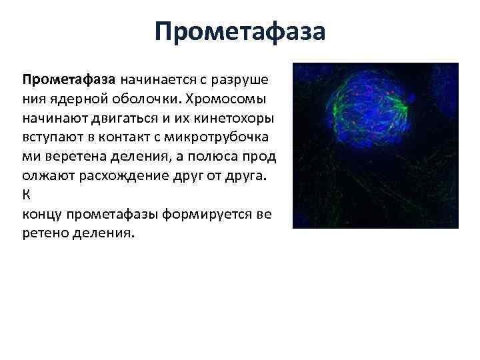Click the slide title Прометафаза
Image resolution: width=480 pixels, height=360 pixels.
pos(240,31)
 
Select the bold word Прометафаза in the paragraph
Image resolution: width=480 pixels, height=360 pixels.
pos(69,80)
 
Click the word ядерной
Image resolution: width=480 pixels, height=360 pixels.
pos(71,99)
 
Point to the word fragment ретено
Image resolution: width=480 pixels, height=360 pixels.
pos(43,235)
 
